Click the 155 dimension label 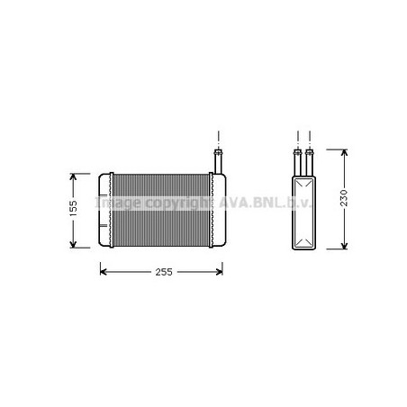point(73,208)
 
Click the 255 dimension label point(164,272)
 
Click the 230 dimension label point(344,198)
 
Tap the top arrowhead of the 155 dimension point(73,176)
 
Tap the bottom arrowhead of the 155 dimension point(73,244)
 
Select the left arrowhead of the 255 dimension point(104,272)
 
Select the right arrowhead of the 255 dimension point(219,272)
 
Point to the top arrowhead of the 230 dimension point(344,153)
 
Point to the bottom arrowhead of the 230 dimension point(344,246)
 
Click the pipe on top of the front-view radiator point(218,161)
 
